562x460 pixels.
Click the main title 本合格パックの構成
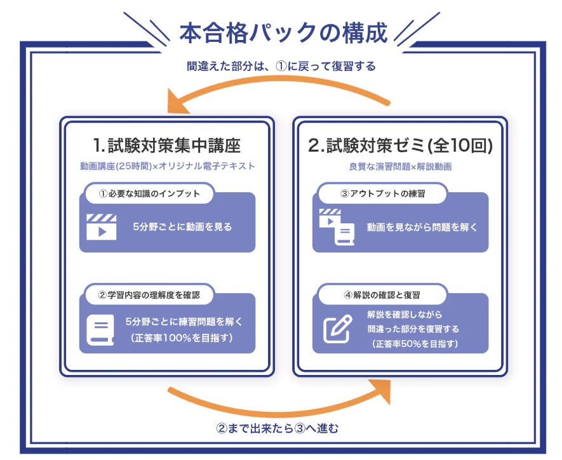tap(283, 33)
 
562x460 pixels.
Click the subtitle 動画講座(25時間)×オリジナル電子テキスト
tap(167, 166)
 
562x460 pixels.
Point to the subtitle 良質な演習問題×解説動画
tap(400, 166)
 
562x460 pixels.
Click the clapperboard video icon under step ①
tap(102, 227)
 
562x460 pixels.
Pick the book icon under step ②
tap(100, 329)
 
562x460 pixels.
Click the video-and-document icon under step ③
tap(335, 227)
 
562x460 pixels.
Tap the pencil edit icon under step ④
tap(337, 328)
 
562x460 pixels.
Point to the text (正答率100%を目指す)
tap(182, 338)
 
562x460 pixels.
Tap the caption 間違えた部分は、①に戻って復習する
tap(281, 66)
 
